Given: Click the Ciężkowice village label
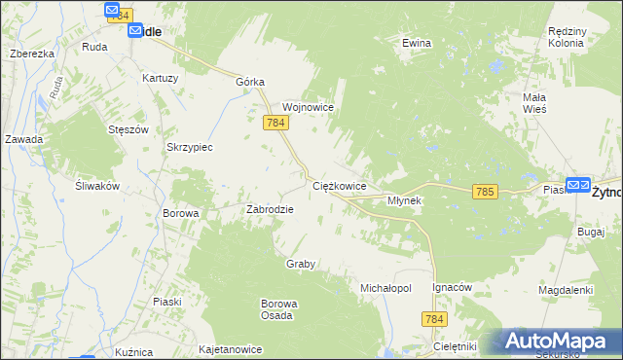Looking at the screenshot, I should [x=339, y=185].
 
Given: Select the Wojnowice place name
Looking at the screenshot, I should [x=309, y=107].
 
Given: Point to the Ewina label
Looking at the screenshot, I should [x=417, y=44].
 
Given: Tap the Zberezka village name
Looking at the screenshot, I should [x=31, y=54].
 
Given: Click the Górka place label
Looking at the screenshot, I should [x=250, y=83].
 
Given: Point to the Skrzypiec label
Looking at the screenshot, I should [x=190, y=147].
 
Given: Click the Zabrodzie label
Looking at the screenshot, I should [x=270, y=208].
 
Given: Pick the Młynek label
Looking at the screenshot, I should [x=404, y=200].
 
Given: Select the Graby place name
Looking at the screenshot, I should [x=302, y=264].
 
